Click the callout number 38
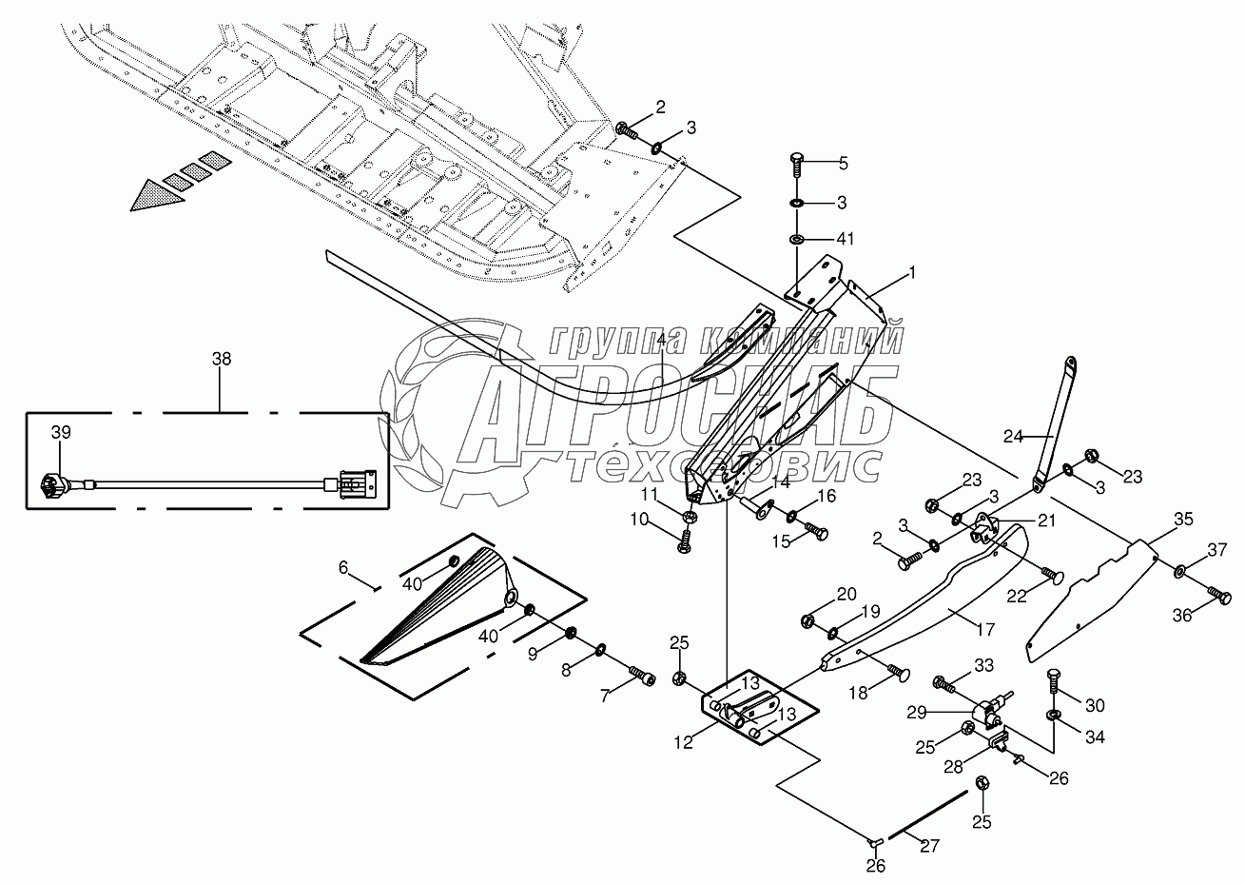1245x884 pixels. tap(222, 359)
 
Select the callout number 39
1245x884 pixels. tap(61, 432)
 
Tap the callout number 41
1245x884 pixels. tap(846, 239)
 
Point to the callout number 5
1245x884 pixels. tap(843, 164)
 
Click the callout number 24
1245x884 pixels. tap(1013, 437)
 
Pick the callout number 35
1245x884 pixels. tap(1183, 520)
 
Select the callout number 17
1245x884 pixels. tap(985, 630)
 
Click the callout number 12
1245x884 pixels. tap(684, 742)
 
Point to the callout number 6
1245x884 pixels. tap(343, 568)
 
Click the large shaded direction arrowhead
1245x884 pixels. tap(157, 195)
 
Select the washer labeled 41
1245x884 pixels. tap(796, 240)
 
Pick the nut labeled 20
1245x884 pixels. tap(809, 619)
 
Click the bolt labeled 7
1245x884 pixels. tap(643, 676)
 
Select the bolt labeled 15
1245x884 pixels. tap(816, 531)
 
